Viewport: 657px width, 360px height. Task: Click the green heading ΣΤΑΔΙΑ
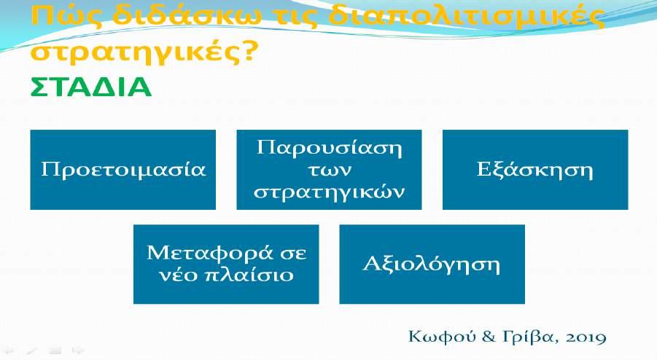pyautogui.click(x=90, y=87)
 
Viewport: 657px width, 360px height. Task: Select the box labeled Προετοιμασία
pyautogui.click(x=123, y=170)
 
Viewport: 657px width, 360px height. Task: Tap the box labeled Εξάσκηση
pyautogui.click(x=535, y=170)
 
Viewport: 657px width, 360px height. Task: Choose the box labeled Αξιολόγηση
pyautogui.click(x=432, y=264)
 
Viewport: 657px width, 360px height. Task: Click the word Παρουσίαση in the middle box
pyautogui.click(x=330, y=148)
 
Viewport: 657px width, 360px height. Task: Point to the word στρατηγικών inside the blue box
pyautogui.click(x=330, y=192)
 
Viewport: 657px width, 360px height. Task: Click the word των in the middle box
pyautogui.click(x=330, y=171)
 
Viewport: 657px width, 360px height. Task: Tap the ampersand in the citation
pyautogui.click(x=489, y=337)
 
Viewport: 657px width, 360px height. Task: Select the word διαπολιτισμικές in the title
pyautogui.click(x=466, y=17)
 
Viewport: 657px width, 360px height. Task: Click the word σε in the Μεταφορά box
pyautogui.click(x=292, y=254)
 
